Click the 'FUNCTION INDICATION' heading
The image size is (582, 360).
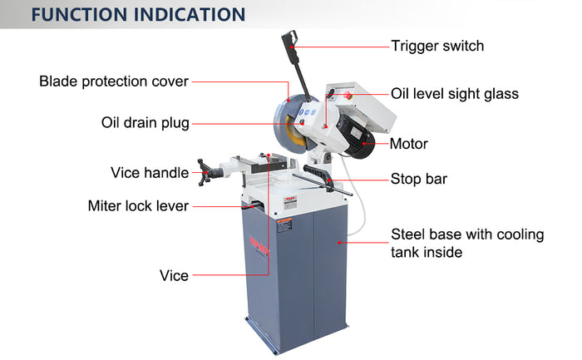[138, 15]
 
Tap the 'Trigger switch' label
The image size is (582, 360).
[437, 46]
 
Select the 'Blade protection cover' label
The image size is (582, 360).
[114, 81]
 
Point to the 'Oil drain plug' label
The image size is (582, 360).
[145, 122]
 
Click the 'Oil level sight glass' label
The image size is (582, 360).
[455, 94]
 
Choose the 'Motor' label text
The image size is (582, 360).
[409, 144]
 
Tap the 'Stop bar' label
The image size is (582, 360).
[419, 179]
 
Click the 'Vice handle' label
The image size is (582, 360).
[150, 173]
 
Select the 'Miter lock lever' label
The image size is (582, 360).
[138, 205]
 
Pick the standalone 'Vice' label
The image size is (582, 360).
[174, 275]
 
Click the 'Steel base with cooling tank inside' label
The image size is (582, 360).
[467, 243]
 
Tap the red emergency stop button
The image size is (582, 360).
[348, 96]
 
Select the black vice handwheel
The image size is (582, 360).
[204, 172]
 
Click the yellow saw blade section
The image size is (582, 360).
[294, 132]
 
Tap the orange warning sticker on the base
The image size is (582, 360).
[284, 225]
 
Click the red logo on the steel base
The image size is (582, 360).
[259, 246]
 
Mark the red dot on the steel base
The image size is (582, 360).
[339, 243]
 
